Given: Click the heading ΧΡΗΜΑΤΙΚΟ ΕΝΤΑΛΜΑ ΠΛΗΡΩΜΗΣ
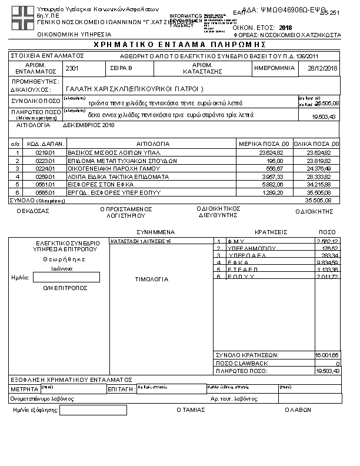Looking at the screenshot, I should pos(180,45).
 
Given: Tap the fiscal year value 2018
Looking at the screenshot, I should pos(286,28).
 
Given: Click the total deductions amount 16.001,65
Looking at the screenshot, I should pos(327,355).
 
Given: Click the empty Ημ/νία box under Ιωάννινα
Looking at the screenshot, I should pos(66,277).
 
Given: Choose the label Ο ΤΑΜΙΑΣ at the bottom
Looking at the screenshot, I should pos(189,410).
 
